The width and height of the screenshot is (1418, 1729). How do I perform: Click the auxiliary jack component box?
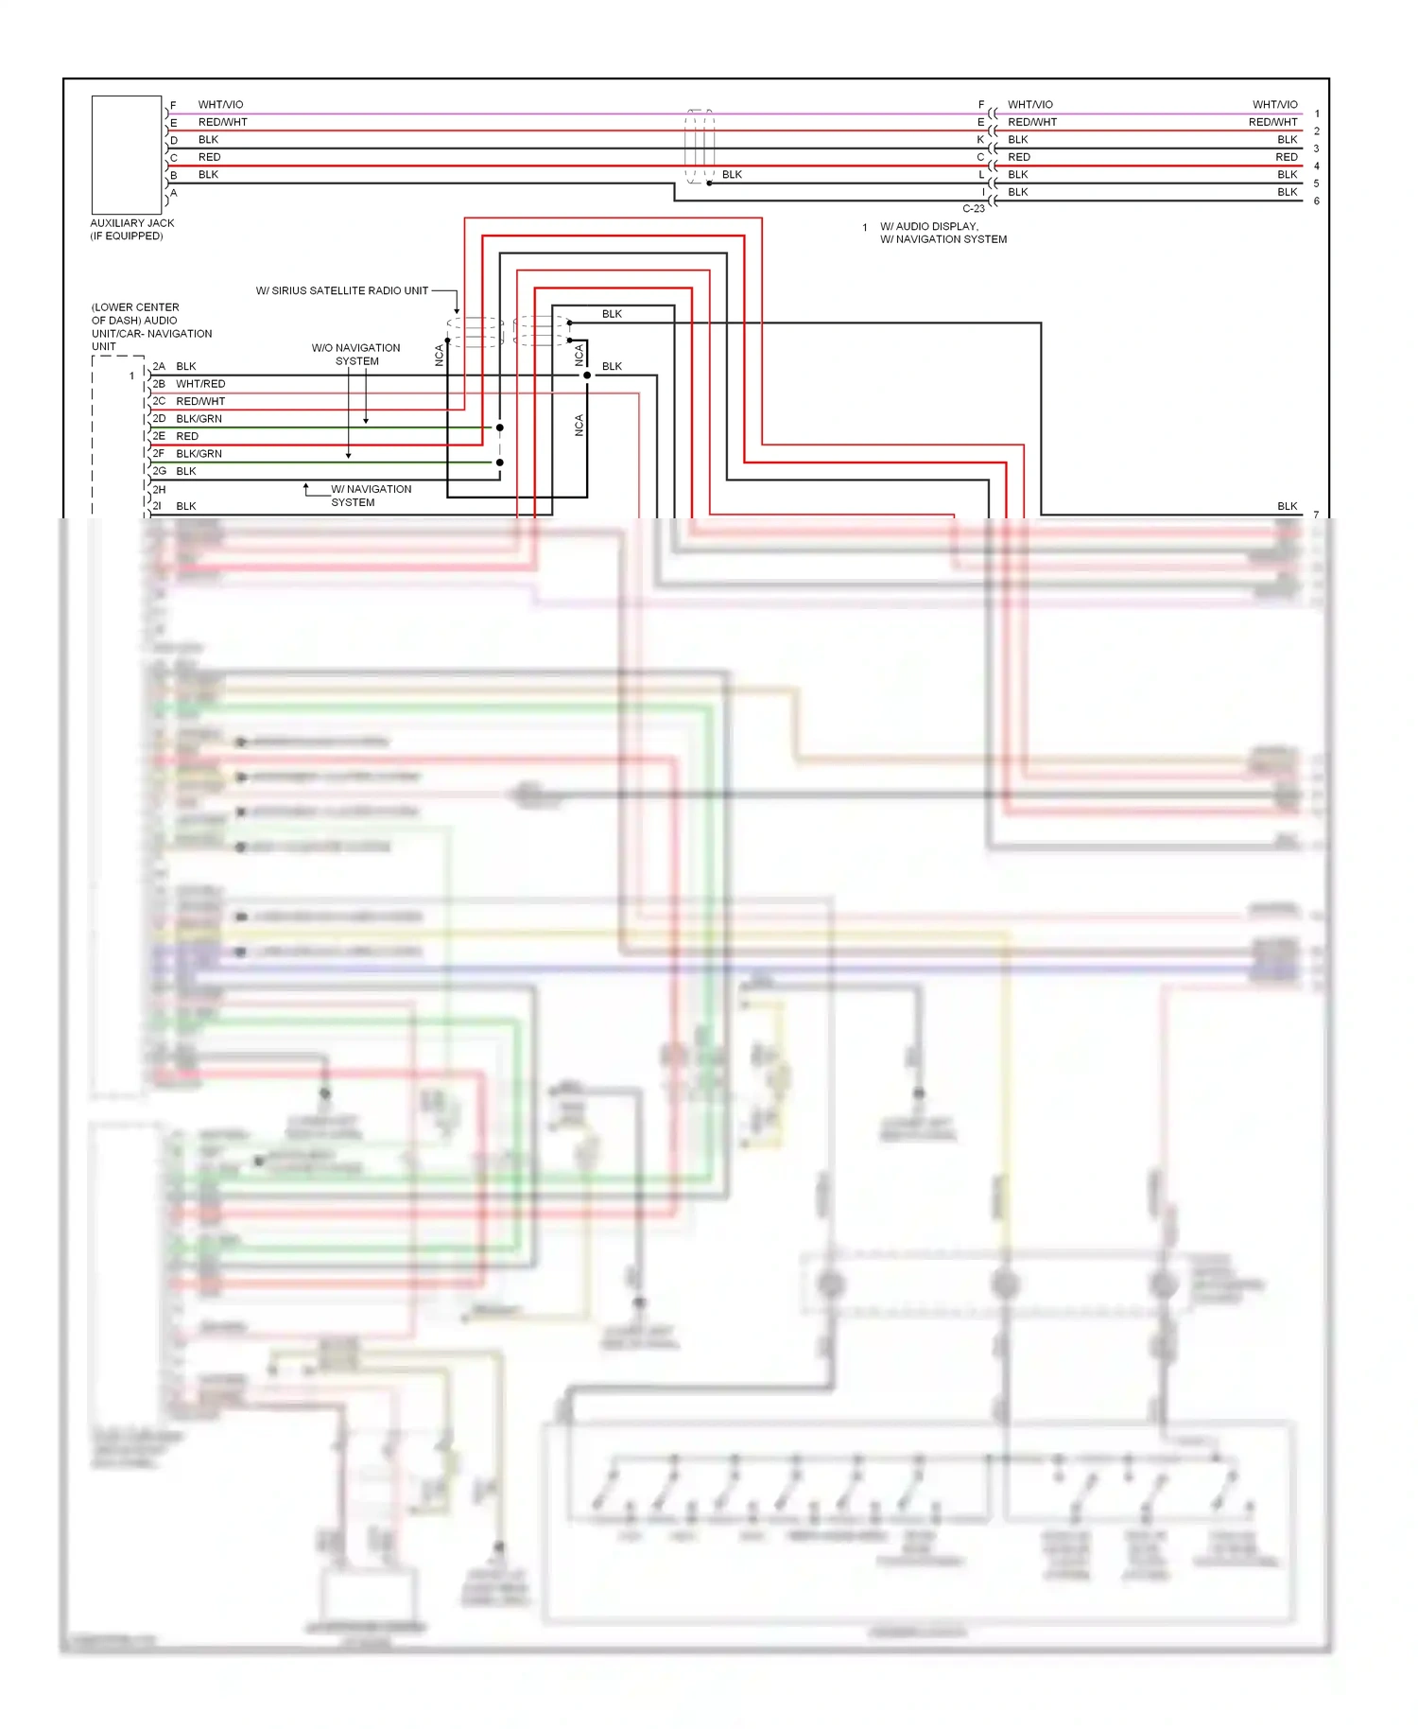pos(127,154)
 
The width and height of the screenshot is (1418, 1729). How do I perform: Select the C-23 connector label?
pos(973,208)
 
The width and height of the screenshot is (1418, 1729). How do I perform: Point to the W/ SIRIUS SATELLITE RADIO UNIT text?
pos(341,290)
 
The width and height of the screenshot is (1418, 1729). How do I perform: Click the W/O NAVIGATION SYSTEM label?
pos(356,355)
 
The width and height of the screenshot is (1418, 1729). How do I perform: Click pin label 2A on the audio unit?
pos(159,366)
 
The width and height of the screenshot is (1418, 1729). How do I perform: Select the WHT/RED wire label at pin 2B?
pos(200,384)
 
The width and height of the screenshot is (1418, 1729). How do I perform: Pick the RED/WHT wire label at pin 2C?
pos(200,401)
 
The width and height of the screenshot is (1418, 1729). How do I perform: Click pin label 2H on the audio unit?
pos(159,489)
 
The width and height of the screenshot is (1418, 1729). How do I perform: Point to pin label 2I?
pos(158,506)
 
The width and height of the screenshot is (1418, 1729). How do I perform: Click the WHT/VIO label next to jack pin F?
pos(220,105)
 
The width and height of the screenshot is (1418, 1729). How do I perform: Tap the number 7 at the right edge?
pos(1316,515)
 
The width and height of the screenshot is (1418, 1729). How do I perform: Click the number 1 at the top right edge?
pos(1316,114)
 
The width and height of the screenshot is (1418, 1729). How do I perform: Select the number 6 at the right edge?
pos(1316,201)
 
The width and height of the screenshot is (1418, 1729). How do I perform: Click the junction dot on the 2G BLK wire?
pos(499,463)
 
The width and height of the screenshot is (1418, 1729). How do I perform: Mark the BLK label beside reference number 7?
pos(1287,506)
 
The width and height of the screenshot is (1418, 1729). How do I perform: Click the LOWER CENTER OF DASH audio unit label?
pos(151,326)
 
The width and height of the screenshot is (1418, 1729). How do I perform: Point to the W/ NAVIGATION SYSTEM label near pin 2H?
pos(371,496)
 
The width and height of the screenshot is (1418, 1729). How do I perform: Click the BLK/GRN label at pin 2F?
pos(199,454)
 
